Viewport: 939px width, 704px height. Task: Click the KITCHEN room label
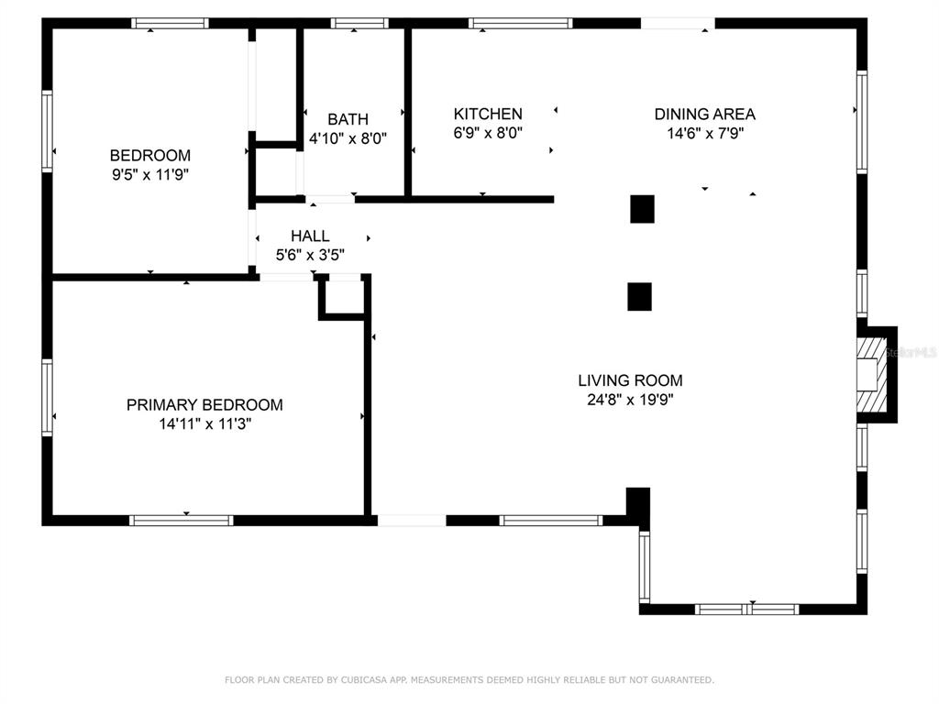[488, 114]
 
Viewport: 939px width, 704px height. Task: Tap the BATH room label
[348, 119]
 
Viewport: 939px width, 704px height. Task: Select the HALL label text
[310, 236]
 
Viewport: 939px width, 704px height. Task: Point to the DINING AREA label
[705, 114]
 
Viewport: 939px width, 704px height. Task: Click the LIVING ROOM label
[630, 380]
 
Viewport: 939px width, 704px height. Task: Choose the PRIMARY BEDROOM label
[204, 404]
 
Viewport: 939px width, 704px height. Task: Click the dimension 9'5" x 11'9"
[150, 175]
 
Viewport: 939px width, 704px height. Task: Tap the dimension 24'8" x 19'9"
[630, 400]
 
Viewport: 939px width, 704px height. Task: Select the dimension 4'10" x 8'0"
[348, 138]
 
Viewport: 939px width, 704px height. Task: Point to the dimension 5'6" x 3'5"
[310, 255]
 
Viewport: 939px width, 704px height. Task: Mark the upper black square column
[642, 209]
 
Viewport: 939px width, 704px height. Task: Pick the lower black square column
[639, 296]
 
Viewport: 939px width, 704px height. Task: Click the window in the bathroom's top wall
[359, 23]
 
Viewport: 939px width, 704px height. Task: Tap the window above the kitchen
[521, 23]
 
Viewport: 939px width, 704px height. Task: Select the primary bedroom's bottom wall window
[182, 521]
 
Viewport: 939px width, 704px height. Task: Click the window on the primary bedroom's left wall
[47, 397]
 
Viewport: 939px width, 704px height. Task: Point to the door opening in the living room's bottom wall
[412, 521]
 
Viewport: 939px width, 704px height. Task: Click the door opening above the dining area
[678, 23]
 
